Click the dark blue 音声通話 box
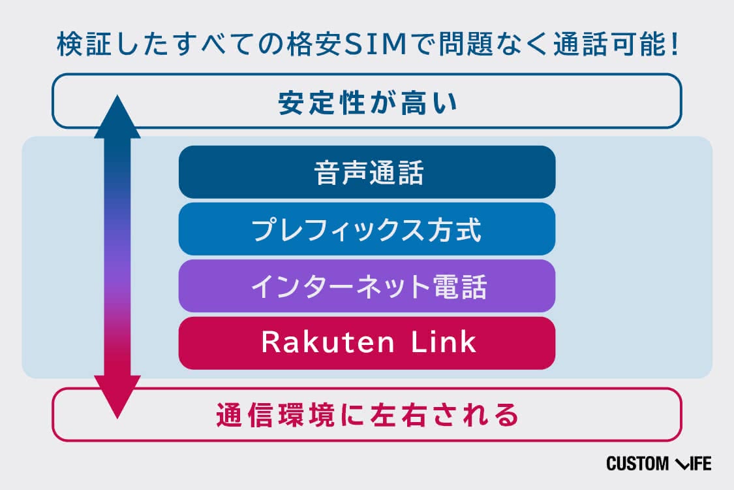coord(367,172)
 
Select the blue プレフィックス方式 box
coord(367,229)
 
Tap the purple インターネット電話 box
coord(367,286)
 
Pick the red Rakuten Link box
coord(367,343)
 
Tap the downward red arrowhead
coord(117,397)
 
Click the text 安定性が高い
coord(367,103)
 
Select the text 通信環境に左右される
coord(367,415)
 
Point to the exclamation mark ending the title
coord(675,44)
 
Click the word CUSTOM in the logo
coord(637,464)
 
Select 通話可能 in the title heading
coord(611,44)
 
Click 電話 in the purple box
coord(460,287)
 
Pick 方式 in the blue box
coord(454,230)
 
